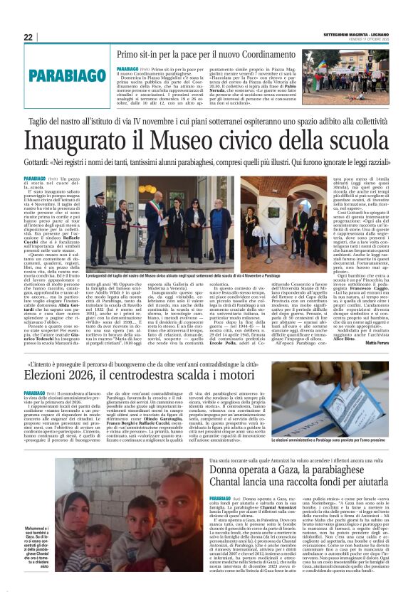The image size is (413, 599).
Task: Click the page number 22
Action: coord(28,37)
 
